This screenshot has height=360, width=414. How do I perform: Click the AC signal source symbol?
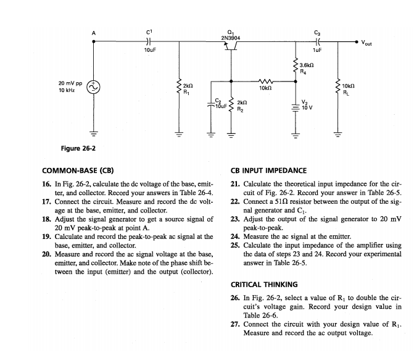tap(94, 89)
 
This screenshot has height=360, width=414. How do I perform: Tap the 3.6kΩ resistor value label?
tap(308, 65)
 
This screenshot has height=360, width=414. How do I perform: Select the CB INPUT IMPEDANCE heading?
tap(268, 170)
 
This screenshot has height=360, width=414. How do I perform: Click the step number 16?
tap(46, 184)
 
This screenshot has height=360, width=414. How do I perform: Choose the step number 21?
tap(234, 184)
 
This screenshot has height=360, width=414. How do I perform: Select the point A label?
tap(94, 32)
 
